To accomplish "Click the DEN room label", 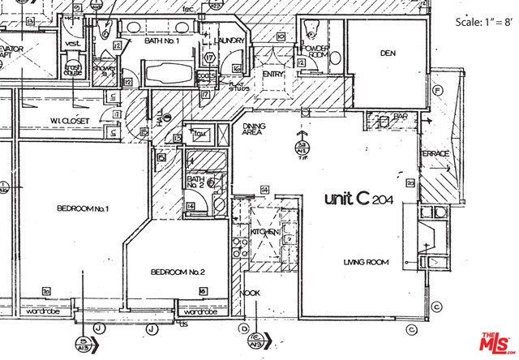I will pos(387,54).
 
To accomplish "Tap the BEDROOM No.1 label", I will pos(83,209).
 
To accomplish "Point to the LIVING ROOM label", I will pos(367,262).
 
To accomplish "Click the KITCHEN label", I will pos(265,233).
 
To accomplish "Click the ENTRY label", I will pos(272,75).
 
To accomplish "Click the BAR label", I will pos(399,117).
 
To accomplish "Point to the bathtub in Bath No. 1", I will pos(168,74).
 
